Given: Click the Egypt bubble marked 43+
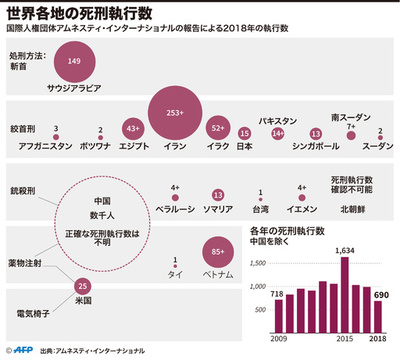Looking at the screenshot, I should pos(133,129).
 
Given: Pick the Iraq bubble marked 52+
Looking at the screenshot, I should pos(218,129).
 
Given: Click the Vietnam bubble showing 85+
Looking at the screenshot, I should pos(217,252).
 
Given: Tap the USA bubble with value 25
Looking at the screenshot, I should pos(82,286).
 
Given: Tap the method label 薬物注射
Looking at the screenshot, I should pos(26,264).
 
